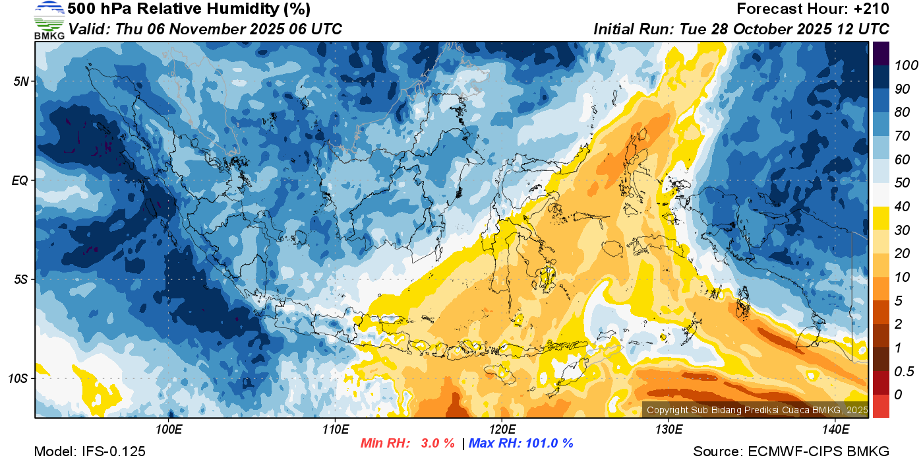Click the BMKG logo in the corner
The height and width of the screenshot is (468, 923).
(49, 20)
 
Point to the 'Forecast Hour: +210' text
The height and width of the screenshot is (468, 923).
(813, 9)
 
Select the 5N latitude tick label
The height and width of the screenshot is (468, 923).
(21, 81)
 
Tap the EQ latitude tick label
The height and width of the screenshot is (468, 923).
(20, 180)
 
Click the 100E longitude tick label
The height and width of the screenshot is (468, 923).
(169, 430)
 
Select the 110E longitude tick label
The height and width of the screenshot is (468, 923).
(335, 430)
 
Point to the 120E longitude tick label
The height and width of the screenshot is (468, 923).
(502, 430)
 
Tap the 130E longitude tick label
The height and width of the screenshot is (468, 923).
(669, 430)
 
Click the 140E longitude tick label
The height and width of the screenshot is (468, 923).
(835, 430)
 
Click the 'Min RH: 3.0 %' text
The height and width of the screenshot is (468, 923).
(407, 444)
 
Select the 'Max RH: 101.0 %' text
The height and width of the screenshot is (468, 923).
(521, 444)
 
